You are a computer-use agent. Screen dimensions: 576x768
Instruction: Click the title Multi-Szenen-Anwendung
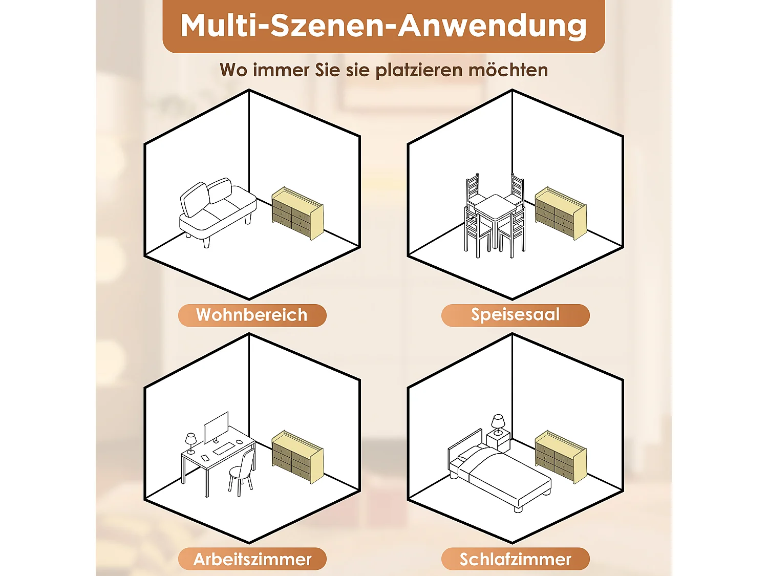pos(383,26)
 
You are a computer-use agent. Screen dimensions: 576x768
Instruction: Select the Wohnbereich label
pos(252,315)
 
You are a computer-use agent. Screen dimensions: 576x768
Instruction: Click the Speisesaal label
pos(515,314)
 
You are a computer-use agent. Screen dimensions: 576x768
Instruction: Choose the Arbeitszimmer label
pos(252,559)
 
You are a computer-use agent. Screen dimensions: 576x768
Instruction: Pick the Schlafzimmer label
pos(515,559)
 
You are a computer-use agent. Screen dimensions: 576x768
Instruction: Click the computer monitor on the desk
pos(216,426)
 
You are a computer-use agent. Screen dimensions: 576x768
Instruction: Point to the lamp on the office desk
pos(190,442)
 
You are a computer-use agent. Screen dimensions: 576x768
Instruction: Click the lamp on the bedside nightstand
pos(498,424)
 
